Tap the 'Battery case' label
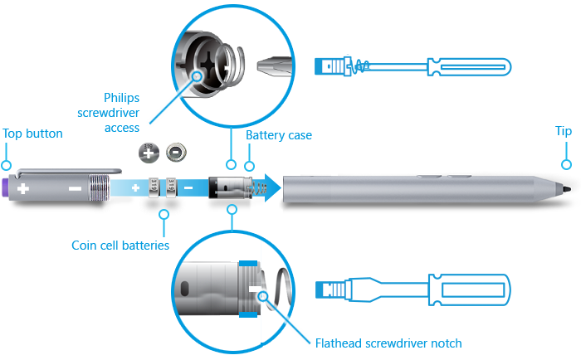tap(279, 134)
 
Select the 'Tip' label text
tap(563, 132)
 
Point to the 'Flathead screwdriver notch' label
tap(388, 343)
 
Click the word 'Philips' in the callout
tap(122, 98)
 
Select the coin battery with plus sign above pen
tap(149, 153)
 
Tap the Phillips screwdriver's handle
tap(468, 66)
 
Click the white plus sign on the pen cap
tap(23, 189)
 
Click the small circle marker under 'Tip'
tap(566, 163)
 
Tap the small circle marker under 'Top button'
tap(7, 163)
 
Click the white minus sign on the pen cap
tap(75, 188)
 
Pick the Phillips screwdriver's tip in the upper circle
tap(267, 65)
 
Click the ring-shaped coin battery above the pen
tap(176, 152)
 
